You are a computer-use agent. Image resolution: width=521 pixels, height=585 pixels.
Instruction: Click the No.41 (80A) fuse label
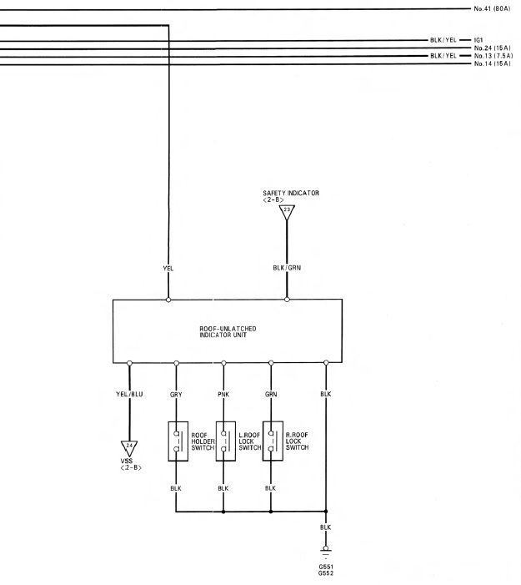491,8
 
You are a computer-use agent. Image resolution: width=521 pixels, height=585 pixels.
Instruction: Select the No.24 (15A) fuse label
491,48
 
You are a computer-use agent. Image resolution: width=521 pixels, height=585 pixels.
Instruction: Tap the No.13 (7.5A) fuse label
492,56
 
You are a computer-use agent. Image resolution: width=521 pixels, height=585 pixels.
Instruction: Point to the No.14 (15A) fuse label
491,63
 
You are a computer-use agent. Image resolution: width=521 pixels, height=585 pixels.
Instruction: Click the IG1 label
478,40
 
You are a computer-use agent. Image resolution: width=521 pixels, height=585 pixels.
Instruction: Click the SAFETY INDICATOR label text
290,194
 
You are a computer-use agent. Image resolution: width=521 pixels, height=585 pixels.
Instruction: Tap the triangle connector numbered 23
288,213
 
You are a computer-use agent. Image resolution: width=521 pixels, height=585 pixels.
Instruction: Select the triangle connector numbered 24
129,447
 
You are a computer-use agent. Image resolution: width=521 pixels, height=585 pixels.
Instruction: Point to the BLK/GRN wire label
288,268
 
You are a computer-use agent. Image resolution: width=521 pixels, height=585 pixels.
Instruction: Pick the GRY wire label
177,394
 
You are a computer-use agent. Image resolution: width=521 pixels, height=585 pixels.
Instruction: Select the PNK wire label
223,394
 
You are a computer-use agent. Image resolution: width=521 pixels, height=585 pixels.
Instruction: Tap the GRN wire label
270,394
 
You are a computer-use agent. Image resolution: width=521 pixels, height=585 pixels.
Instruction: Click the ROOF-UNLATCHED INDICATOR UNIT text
228,331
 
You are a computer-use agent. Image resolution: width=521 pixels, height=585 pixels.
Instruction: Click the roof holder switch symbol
177,441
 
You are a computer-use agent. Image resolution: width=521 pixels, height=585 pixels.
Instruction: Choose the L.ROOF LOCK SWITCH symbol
223,441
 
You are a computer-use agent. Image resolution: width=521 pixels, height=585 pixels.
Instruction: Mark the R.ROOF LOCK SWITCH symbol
270,441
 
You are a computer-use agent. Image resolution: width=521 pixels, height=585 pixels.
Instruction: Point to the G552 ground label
326,573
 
